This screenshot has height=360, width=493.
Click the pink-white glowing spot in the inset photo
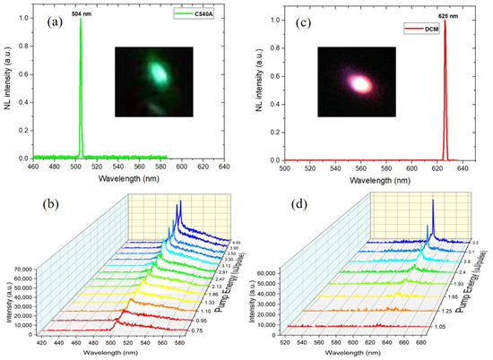tap(360, 82)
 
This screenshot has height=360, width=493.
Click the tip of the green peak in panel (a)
tap(82, 21)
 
